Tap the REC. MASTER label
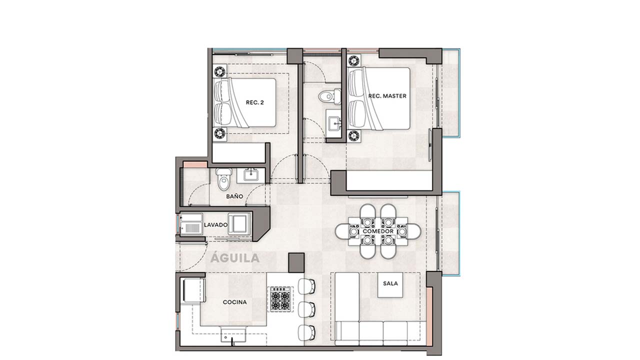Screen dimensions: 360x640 point(387,95)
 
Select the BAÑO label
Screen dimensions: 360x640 point(234,196)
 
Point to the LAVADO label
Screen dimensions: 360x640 point(215,225)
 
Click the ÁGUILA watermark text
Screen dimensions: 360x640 point(235,258)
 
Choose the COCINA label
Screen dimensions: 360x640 point(234,302)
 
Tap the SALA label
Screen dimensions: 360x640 point(390,283)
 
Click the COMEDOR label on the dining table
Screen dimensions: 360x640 point(377,232)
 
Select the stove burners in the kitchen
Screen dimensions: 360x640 point(280,298)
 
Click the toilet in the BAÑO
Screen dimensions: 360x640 point(223,178)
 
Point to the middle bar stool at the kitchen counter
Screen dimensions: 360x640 point(306,308)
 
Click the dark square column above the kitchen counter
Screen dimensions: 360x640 point(296,262)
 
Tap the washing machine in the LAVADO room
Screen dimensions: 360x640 point(239,223)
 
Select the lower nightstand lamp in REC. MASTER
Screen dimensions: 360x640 point(354,134)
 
